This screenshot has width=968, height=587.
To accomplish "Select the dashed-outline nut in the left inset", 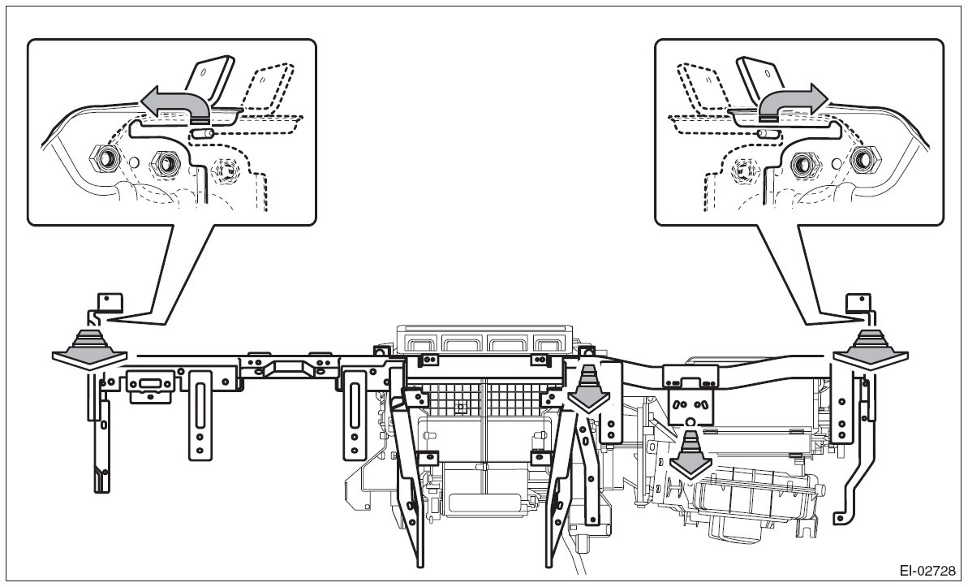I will click(x=225, y=169).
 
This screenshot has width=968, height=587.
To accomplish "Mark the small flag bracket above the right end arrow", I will click(x=858, y=302).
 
